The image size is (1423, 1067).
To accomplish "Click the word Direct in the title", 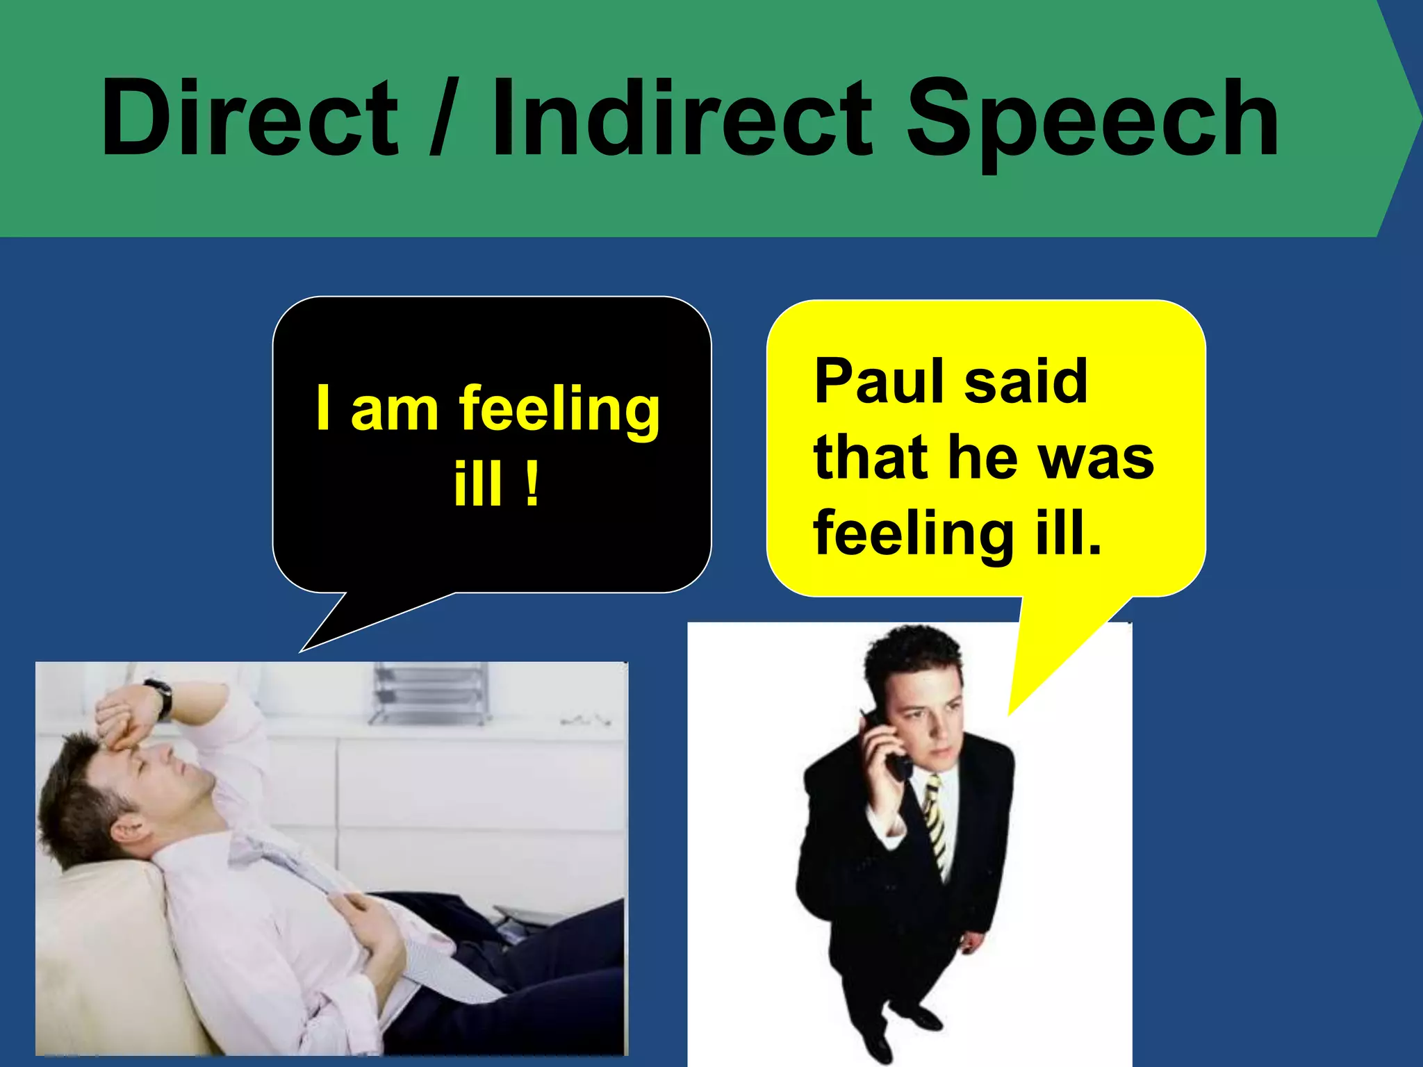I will pyautogui.click(x=249, y=118).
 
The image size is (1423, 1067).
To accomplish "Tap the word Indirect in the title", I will pyautogui.click(x=681, y=118).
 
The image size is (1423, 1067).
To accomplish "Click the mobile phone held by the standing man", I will pyautogui.click(x=890, y=750).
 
